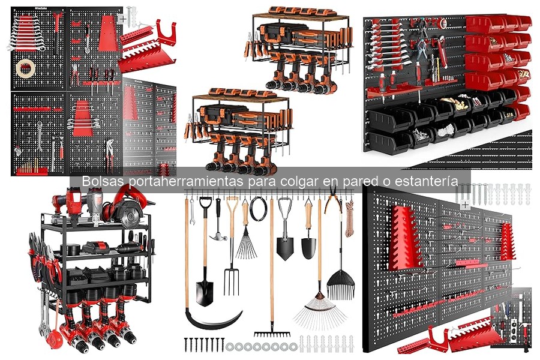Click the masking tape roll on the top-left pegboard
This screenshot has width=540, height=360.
(25, 68)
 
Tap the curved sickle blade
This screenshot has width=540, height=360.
(214, 319)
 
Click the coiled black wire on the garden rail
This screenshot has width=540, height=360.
(258, 209)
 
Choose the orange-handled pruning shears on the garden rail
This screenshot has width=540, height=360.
(332, 199)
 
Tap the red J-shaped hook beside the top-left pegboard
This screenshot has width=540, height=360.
(166, 33)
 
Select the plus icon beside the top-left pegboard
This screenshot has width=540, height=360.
(122, 19)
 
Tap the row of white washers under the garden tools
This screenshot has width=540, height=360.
(261, 347)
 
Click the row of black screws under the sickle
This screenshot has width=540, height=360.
(204, 344)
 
